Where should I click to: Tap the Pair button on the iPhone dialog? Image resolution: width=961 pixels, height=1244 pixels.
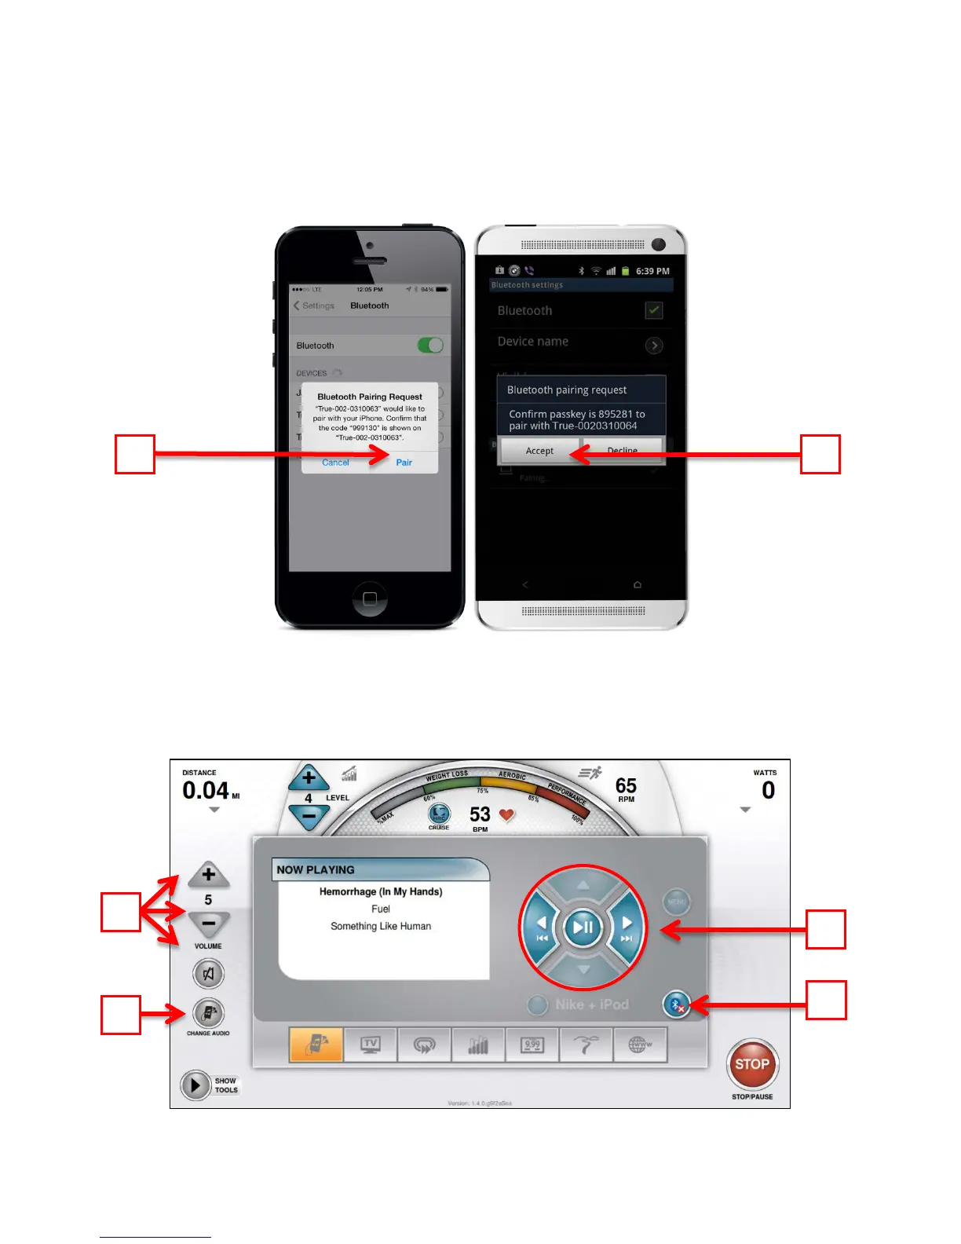pos(404,463)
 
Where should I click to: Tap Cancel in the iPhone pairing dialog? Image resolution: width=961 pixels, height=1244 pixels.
pos(335,463)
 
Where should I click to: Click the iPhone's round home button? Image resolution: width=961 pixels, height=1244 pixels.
pos(370,598)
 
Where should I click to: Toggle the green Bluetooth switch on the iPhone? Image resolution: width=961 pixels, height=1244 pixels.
pos(430,346)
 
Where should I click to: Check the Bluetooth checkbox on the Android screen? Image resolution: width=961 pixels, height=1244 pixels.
pos(653,310)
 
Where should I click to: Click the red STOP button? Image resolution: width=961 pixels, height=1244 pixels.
pos(752,1064)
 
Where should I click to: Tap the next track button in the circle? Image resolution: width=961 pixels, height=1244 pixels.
pos(626,927)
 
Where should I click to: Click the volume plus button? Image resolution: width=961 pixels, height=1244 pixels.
pos(208,874)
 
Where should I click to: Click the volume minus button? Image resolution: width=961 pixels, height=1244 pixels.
pos(208,924)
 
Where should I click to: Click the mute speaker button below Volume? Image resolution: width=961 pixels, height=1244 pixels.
pos(208,974)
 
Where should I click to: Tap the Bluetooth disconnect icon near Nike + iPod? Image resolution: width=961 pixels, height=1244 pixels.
pos(676,1004)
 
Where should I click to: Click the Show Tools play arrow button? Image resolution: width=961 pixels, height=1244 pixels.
pos(194,1085)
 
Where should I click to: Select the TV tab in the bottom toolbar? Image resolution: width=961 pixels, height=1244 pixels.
pos(371,1045)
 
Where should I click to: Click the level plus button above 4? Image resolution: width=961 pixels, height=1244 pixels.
pos(309,778)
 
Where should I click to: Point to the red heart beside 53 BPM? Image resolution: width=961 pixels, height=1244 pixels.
pos(507,815)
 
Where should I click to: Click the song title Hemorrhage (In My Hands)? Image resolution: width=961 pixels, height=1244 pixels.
pos(381,891)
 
